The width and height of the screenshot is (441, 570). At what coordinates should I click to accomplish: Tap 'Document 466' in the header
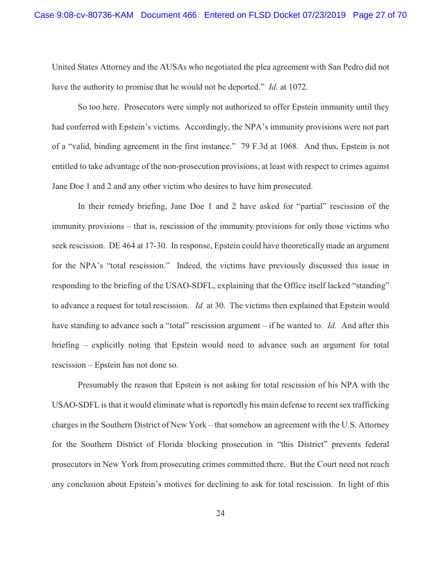click(169, 15)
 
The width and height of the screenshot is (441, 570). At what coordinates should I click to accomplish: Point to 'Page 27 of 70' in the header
click(379, 15)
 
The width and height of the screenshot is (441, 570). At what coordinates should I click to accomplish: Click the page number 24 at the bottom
click(220, 513)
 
